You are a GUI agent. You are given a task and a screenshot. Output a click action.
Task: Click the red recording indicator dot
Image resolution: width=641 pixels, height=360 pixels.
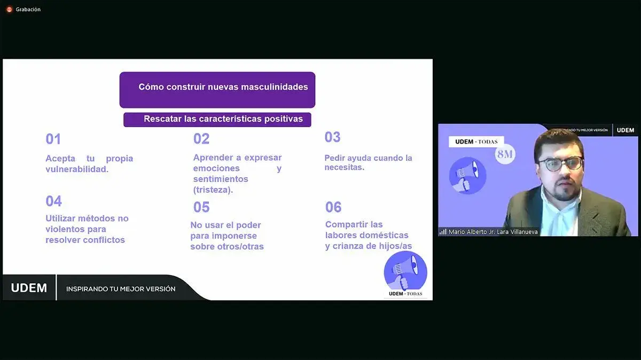9,10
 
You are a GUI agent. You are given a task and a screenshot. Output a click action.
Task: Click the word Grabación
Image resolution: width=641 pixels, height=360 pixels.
28,10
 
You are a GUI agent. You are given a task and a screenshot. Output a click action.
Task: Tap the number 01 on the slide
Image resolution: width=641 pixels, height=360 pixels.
53,139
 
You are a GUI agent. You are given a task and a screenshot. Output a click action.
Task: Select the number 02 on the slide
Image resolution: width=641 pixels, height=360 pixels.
201,139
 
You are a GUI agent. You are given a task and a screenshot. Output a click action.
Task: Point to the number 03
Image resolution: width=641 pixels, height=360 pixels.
332,137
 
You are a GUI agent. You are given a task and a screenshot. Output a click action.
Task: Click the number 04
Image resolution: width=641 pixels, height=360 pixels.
53,201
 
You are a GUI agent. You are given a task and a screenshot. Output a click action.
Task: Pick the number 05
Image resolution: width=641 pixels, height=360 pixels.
201,207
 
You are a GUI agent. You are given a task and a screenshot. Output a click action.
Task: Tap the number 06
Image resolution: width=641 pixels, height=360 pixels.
333,207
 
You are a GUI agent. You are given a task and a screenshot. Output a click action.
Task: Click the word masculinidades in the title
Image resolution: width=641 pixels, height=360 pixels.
275,87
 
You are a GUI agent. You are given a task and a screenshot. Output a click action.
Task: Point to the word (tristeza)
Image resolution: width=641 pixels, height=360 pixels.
213,190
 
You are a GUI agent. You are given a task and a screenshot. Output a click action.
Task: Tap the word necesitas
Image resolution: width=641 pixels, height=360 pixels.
344,167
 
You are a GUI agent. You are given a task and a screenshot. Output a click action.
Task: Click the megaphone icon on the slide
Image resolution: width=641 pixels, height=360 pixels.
405,271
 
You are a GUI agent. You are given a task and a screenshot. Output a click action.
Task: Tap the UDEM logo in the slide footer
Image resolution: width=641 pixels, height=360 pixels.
29,288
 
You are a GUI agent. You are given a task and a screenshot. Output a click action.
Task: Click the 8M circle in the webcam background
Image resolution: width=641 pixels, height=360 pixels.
505,154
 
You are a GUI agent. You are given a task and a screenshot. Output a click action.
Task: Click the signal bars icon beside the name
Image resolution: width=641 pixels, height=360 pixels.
443,231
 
